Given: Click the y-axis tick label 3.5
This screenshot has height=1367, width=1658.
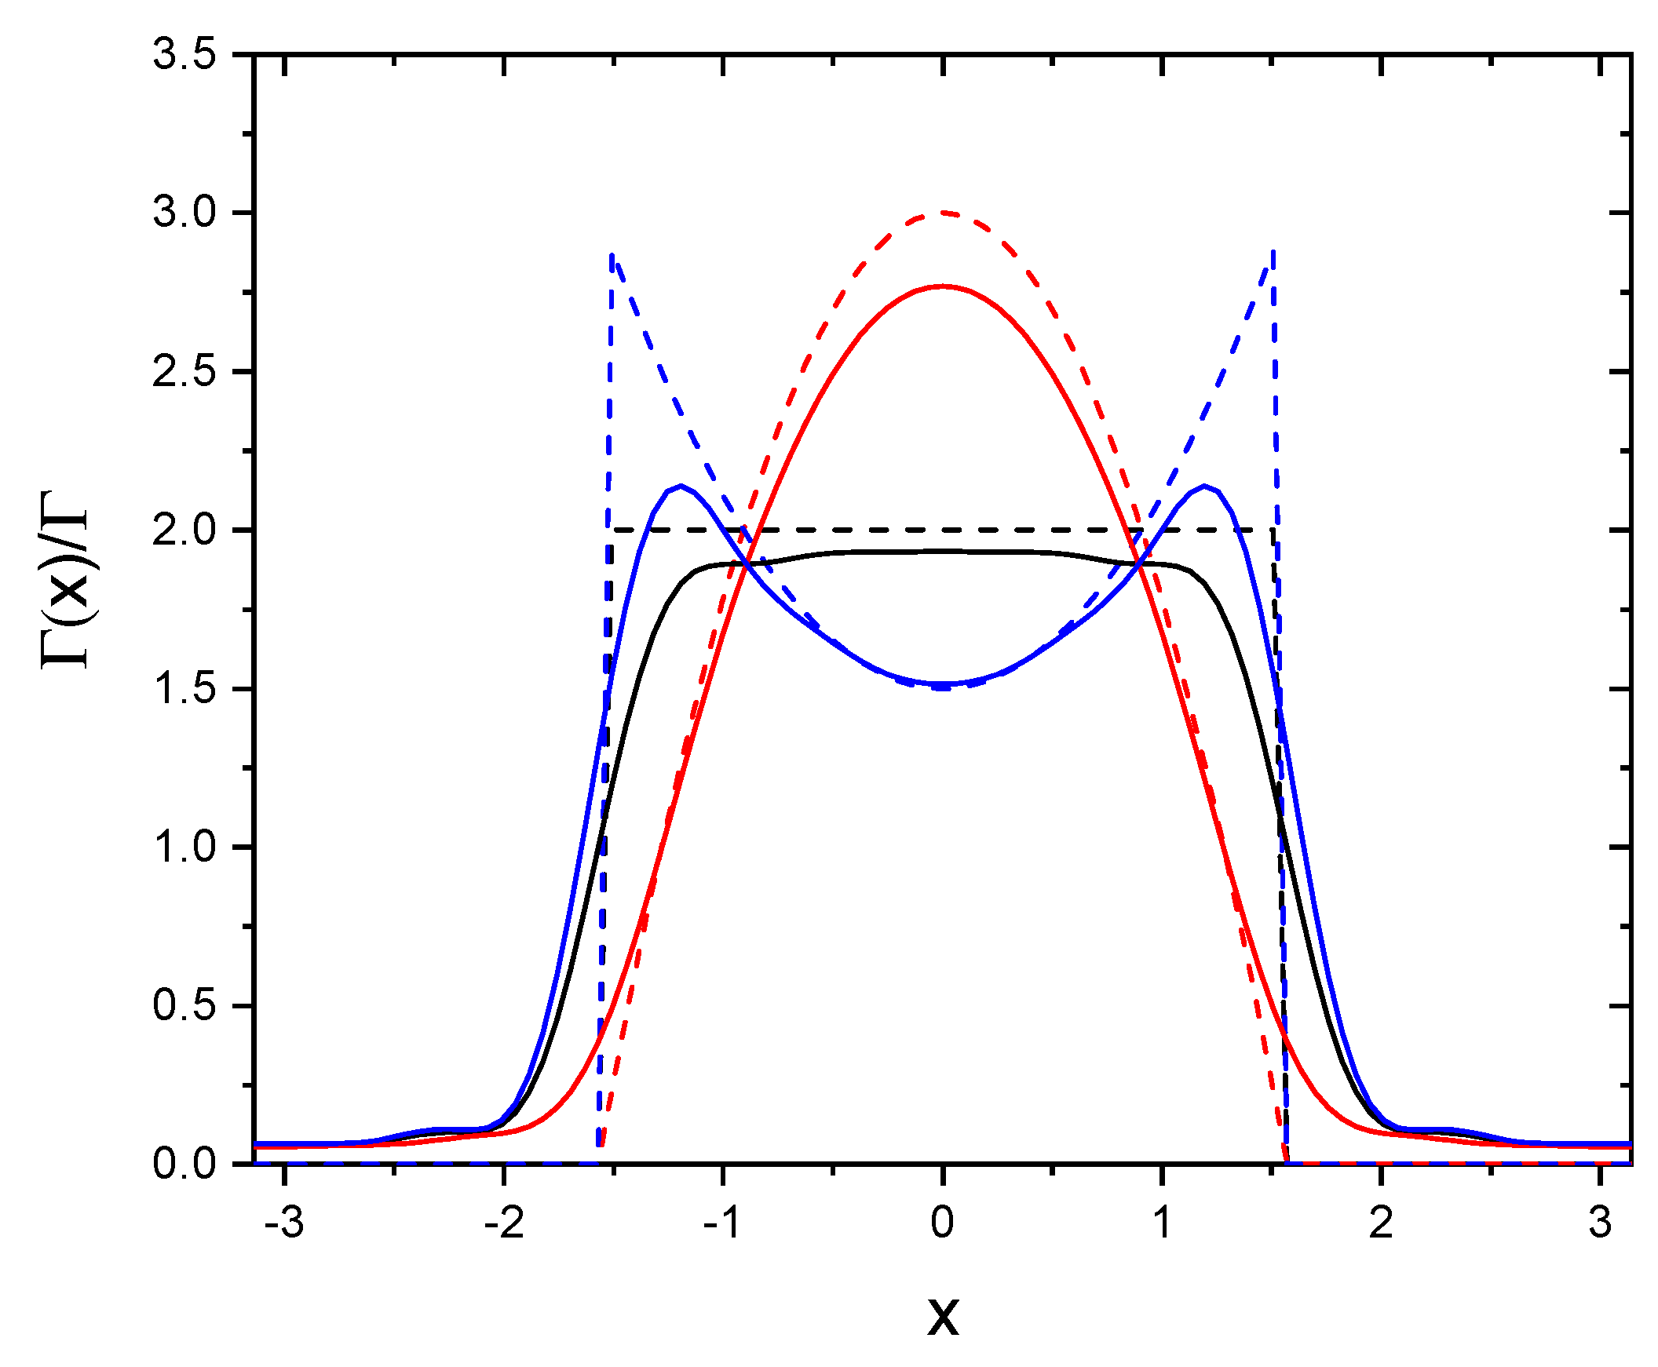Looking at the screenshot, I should point(184,56).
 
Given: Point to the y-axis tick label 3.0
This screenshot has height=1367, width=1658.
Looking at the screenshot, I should point(184,213).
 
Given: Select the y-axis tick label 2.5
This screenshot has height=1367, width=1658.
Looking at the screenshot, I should point(184,372).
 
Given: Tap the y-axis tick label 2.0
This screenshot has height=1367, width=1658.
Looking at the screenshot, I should point(184,530).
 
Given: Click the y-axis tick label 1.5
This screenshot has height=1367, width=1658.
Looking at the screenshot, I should point(184,689).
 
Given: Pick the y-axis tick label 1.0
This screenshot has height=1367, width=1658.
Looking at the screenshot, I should point(184,848).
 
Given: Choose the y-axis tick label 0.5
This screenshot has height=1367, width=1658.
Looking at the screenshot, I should point(184,1005).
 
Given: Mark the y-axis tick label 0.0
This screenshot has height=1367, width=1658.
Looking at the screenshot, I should point(184,1164).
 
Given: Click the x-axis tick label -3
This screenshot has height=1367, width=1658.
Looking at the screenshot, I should point(283,1223).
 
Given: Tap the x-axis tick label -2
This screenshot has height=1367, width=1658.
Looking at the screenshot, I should point(502,1223).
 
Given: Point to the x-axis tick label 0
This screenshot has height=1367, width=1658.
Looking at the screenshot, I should point(942,1223).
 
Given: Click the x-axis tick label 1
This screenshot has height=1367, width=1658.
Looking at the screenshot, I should point(1162,1223).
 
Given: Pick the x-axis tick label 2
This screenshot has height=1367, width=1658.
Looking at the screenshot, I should point(1381,1223).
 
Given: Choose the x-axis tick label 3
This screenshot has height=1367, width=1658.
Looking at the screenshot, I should point(1600,1223).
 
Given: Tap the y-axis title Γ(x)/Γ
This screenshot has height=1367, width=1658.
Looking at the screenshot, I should point(65,580).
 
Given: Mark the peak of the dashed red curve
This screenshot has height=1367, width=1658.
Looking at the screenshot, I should point(943,213).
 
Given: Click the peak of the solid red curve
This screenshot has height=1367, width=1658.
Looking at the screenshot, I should point(943,286).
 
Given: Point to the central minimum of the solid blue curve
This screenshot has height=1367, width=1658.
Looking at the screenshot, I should point(943,683).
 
